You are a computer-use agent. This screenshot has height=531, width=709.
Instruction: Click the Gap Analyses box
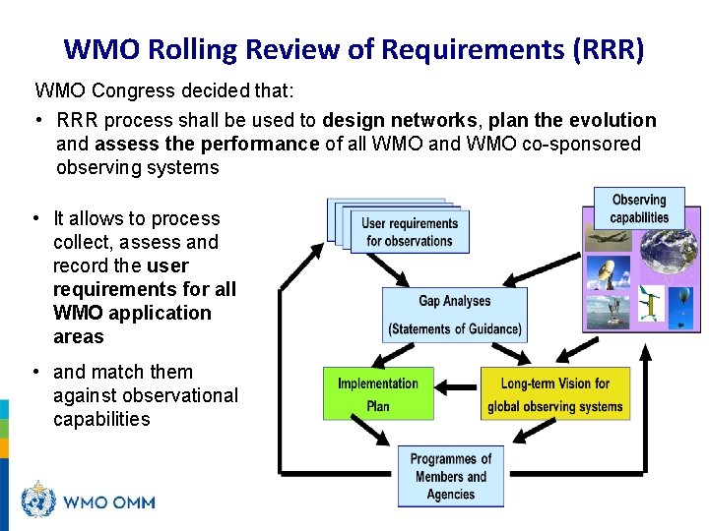455,315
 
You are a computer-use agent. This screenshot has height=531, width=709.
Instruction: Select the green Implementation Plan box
377,394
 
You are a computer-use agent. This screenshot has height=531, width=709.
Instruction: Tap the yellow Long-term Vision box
554,394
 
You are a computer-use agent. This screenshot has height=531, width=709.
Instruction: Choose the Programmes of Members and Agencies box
450,476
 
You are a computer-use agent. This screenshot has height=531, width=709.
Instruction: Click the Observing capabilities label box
638,208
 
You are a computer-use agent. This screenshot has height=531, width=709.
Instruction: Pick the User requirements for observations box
410,232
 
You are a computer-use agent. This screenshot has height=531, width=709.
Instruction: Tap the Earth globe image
670,255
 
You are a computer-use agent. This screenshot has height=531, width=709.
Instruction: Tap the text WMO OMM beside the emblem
108,502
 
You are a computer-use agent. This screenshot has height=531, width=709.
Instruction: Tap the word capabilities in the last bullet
102,419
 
